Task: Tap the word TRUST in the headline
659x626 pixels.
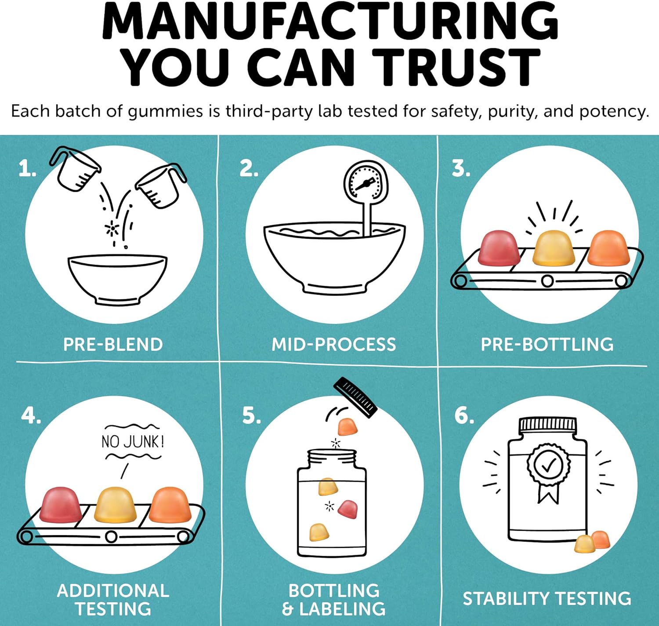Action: (x=457, y=67)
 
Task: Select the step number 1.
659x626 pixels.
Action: (x=27, y=168)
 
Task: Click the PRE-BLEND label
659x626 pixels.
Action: (x=113, y=345)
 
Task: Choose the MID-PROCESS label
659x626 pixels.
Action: (x=333, y=345)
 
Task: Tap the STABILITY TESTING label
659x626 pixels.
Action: (x=547, y=598)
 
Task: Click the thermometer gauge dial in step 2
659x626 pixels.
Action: (x=366, y=182)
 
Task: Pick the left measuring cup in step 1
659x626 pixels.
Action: (x=76, y=168)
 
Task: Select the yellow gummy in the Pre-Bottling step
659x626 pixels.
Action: (x=554, y=248)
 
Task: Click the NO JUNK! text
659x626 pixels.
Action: (x=133, y=442)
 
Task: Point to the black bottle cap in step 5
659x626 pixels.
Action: (x=355, y=397)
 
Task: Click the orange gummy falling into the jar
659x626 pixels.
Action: (x=348, y=426)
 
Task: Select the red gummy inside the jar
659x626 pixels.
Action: (x=348, y=509)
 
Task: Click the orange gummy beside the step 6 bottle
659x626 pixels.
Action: (x=601, y=539)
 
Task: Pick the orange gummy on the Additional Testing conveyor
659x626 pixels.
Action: (x=170, y=505)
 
